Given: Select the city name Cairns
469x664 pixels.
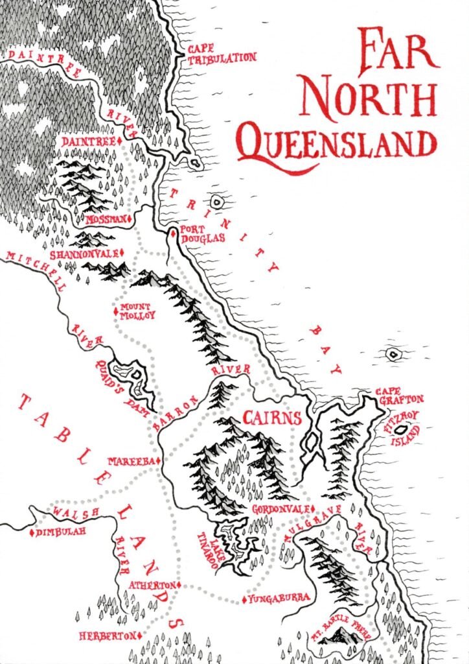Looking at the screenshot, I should (271, 417).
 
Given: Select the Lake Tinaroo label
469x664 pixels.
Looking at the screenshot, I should (211, 548).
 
